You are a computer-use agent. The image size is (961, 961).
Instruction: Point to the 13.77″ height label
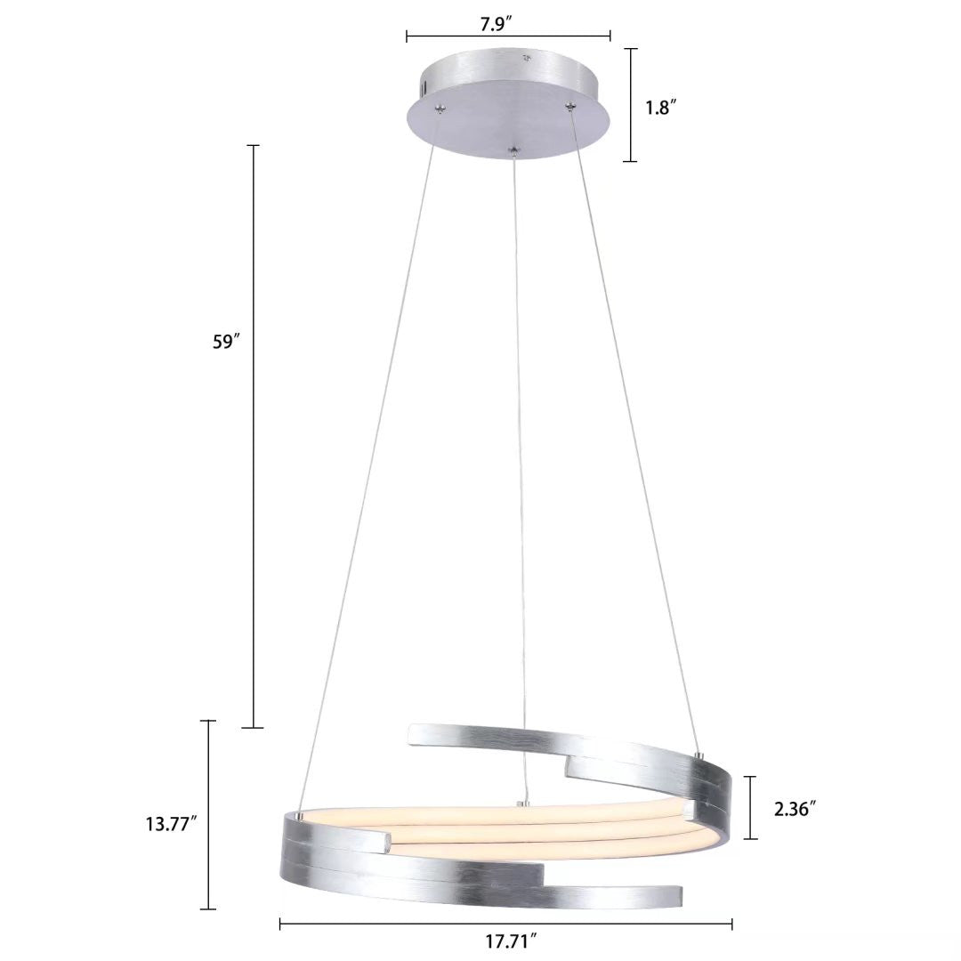171,823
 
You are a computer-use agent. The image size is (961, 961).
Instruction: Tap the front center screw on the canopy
513,153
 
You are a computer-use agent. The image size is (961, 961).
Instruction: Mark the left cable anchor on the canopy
439,109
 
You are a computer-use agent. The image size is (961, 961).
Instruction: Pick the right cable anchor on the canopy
569,107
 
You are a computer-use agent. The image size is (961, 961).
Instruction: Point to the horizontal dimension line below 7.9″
508,36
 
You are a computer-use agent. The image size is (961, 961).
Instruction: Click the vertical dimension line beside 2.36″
753,807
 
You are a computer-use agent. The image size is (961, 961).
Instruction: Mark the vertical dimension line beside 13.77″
209,814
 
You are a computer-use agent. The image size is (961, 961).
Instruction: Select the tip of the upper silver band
410,733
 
